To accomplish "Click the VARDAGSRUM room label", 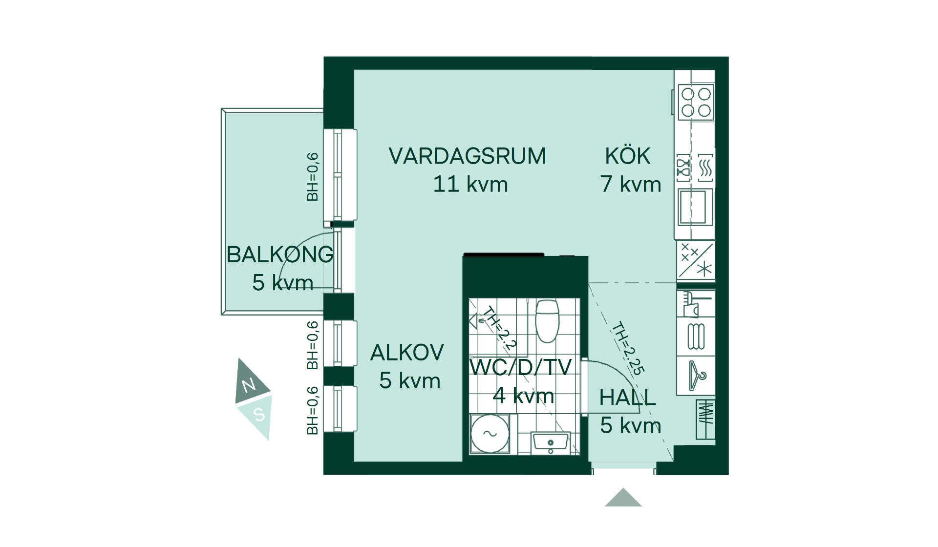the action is point(467,156).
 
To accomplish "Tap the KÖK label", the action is point(628,156).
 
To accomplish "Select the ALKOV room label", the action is point(407,353).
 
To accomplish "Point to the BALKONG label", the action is point(280,254).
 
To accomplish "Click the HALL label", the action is point(627,398).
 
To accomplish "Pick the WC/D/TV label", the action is point(520,367).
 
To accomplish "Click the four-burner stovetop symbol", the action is point(696,102).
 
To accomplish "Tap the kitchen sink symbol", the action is point(695,207).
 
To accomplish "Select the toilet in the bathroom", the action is point(547,320).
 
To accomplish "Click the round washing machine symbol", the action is point(490,434).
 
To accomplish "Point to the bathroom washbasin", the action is point(551,442).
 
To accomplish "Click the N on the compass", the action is point(249,385).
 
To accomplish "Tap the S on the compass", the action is point(259,415).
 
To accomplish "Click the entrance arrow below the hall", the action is point(623,497).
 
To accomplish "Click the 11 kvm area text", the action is point(470,185).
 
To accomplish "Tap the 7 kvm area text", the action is point(631,184).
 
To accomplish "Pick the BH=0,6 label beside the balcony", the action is point(313,177).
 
